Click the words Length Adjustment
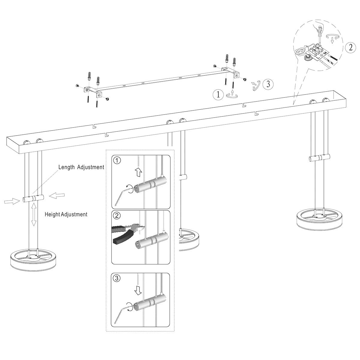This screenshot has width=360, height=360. coord(81,167)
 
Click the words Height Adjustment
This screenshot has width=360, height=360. coord(66,214)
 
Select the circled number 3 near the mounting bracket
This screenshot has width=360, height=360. coord(268,84)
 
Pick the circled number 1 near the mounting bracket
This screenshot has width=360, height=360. coord(218,95)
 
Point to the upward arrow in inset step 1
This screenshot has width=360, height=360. coord(138,172)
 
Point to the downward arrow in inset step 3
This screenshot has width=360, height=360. coord(138,290)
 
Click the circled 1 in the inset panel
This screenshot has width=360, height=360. coord(118,160)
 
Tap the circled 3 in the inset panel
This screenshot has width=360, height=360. coord(118,278)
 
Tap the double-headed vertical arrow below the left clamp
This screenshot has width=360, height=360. coord(34,214)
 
